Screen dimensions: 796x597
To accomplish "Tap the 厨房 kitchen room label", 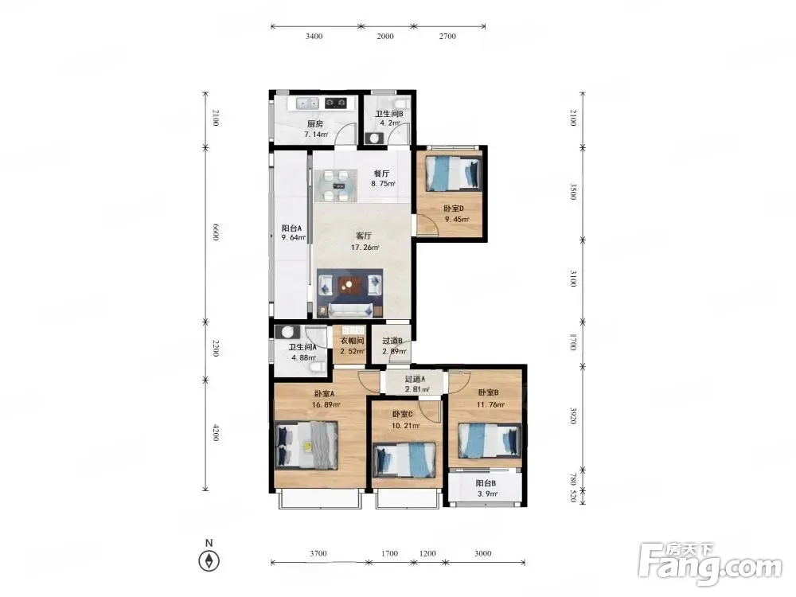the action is point(314,123).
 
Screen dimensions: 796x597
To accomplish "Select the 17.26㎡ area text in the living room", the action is point(365,248).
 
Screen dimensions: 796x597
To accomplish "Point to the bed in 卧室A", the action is point(306,446).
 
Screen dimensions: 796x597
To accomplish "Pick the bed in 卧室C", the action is point(404,460).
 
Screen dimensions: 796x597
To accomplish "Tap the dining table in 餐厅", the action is point(333,185).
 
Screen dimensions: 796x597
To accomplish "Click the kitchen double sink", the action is point(307,103).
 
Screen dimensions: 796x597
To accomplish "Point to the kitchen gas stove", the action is point(336,103).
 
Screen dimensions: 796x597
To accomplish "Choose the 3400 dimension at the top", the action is point(314,36).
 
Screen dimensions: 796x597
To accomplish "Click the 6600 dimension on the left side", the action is point(215,232).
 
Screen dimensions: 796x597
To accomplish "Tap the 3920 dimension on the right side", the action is point(573,416).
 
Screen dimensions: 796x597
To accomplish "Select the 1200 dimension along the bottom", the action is point(427,553).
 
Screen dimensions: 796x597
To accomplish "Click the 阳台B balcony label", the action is point(486,483).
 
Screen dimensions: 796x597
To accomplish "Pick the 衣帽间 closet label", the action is point(352,341).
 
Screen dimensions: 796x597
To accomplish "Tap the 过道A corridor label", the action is point(415,379).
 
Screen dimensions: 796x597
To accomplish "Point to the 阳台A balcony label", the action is point(292,228).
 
